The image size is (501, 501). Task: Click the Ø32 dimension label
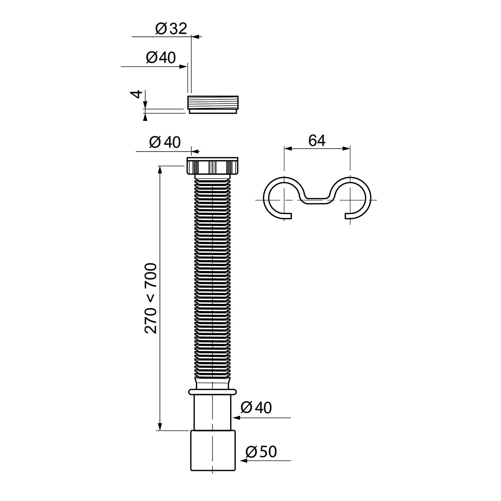(x=171, y=28)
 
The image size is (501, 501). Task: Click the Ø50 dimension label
(x=261, y=452)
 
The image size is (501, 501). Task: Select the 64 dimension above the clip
(x=316, y=141)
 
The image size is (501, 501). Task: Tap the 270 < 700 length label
(x=150, y=298)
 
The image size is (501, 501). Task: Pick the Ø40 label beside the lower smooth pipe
(x=256, y=407)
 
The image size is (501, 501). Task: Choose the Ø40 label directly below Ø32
(x=161, y=58)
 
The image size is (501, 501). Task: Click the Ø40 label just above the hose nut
(x=164, y=142)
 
